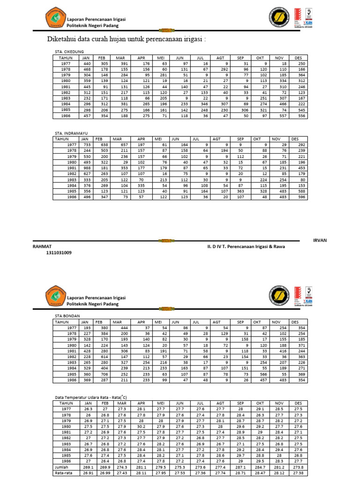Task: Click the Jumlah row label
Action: coord(62,467)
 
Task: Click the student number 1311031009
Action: coord(59,253)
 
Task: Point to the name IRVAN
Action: coord(320,240)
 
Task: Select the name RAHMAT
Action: coord(42,246)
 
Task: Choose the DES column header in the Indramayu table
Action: coord(295,139)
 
